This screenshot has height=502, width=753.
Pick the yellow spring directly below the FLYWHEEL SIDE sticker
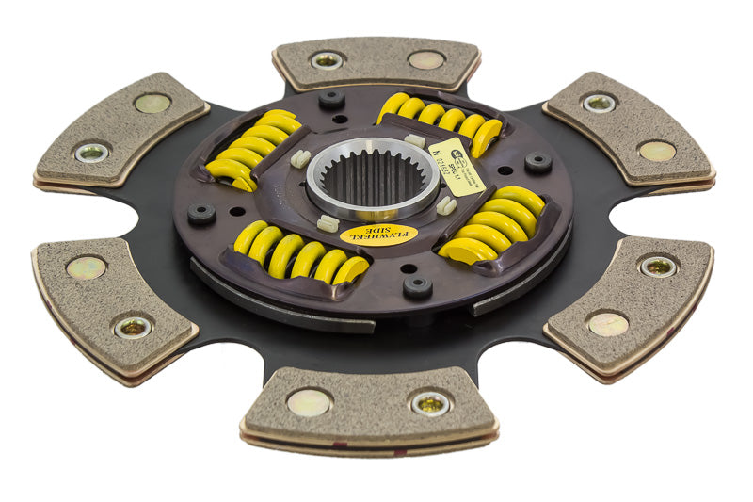coord(301,259)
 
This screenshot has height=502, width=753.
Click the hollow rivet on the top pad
coord(327,60)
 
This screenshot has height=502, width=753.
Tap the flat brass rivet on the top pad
coord(426,59)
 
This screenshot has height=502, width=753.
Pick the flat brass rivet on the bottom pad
coord(309,402)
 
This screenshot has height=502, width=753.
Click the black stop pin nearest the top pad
coord(330,99)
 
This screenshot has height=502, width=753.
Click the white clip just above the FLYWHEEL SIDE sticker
coord(328,222)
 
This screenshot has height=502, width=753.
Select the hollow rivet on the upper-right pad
coord(599,103)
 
